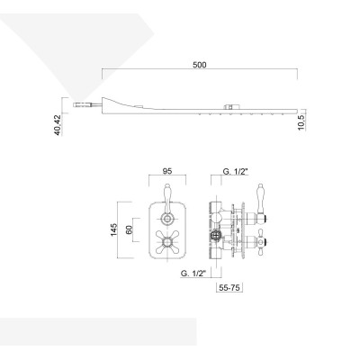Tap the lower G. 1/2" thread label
tap(195, 273)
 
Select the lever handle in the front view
tap(167, 193)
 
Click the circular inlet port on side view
tap(216, 237)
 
